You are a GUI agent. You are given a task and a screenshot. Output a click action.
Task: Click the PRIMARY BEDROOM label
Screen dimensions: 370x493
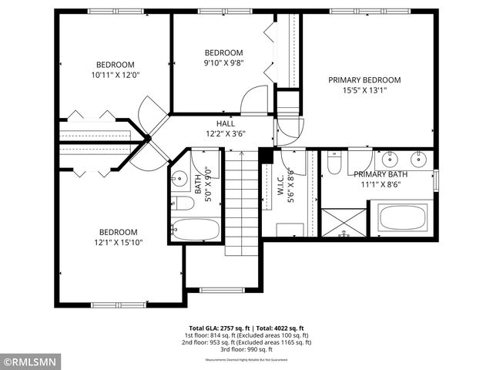click(364, 79)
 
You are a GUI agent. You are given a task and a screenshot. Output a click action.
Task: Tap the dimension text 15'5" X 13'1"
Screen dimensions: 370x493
click(364, 90)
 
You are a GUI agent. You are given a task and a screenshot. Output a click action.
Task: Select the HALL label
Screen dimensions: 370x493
click(226, 123)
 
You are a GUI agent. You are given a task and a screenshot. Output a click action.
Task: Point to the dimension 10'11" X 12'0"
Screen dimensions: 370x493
click(115, 75)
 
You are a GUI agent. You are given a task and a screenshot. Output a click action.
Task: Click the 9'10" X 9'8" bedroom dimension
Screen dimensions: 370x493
click(223, 62)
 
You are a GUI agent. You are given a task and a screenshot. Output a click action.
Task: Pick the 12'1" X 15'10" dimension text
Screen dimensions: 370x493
click(118, 242)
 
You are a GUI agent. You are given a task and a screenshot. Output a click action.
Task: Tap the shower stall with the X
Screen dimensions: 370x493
click(344, 223)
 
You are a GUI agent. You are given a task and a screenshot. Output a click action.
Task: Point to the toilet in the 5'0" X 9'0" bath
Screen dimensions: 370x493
click(181, 204)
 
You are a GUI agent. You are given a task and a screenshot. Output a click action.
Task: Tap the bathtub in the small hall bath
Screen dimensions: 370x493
click(196, 230)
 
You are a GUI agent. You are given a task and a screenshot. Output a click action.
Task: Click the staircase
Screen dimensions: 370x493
click(241, 202)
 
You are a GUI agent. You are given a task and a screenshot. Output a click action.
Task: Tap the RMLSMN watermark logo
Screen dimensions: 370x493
click(31, 360)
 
